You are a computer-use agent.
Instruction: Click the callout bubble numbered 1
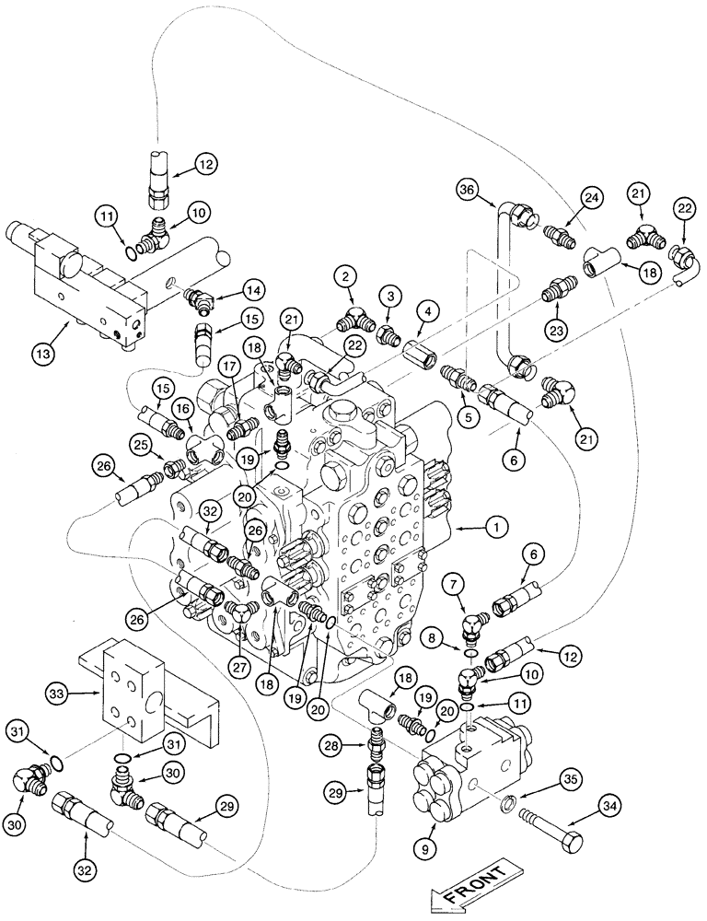tap(497, 528)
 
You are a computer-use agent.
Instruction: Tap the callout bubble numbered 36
tap(467, 192)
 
